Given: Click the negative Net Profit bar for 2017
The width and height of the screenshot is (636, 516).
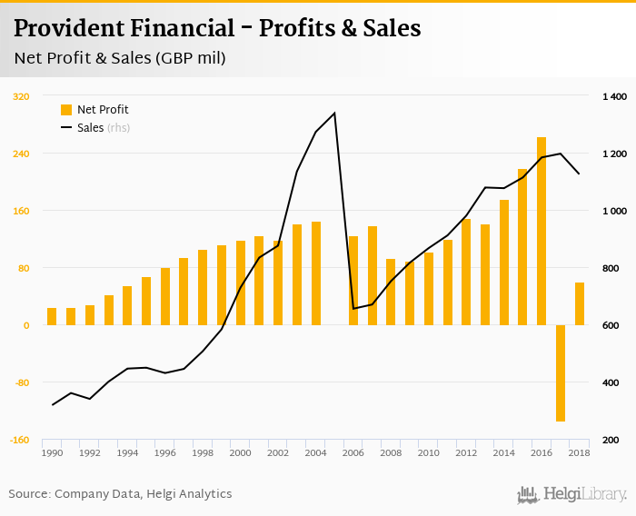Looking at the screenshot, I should coord(561,372).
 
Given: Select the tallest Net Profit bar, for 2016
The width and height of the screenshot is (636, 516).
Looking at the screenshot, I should coord(542,231).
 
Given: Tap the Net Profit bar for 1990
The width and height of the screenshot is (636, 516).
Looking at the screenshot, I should coord(52,316).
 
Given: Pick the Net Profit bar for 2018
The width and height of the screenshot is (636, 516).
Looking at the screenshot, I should coord(580,303).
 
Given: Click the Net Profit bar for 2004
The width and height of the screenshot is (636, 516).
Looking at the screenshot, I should coord(315,273).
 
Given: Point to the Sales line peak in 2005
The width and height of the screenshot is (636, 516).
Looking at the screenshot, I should coord(334,114).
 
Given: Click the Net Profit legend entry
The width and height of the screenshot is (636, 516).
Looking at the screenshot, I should coord(94,110).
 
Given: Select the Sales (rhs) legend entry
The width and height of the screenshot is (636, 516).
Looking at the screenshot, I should coord(94,128).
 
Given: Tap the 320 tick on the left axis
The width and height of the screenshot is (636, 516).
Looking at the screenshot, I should coord(21,96).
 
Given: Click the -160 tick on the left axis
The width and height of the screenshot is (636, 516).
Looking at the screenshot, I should coord(19,440).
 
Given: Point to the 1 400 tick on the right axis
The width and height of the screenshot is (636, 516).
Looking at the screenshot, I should coord(615,96).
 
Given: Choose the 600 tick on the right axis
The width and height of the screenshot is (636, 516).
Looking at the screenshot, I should coord(611,325).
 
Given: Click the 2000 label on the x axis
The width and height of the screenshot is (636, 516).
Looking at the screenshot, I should coord(240,452).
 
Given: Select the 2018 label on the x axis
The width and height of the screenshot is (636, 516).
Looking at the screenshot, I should coord(580,452).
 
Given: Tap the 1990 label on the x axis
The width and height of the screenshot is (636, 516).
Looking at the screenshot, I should coord(52,452).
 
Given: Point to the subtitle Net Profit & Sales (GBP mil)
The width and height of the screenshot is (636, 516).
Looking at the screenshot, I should coord(120,58).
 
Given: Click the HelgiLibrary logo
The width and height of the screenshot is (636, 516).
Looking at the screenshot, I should coord(572,494).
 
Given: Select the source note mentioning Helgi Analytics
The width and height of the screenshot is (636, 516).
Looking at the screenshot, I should coord(121,494).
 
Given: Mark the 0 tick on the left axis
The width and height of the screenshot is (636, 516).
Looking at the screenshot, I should coord(26,325).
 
